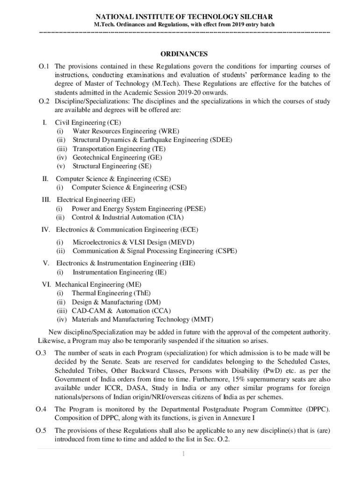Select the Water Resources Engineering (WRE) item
point(125,131)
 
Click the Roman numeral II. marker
point(46,179)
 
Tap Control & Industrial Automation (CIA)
point(127,217)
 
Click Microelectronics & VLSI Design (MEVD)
point(133,242)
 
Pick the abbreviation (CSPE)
point(226,251)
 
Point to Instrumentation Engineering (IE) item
point(119,272)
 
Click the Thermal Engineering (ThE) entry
point(111,293)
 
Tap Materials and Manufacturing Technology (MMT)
point(142,319)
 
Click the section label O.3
point(41,353)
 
